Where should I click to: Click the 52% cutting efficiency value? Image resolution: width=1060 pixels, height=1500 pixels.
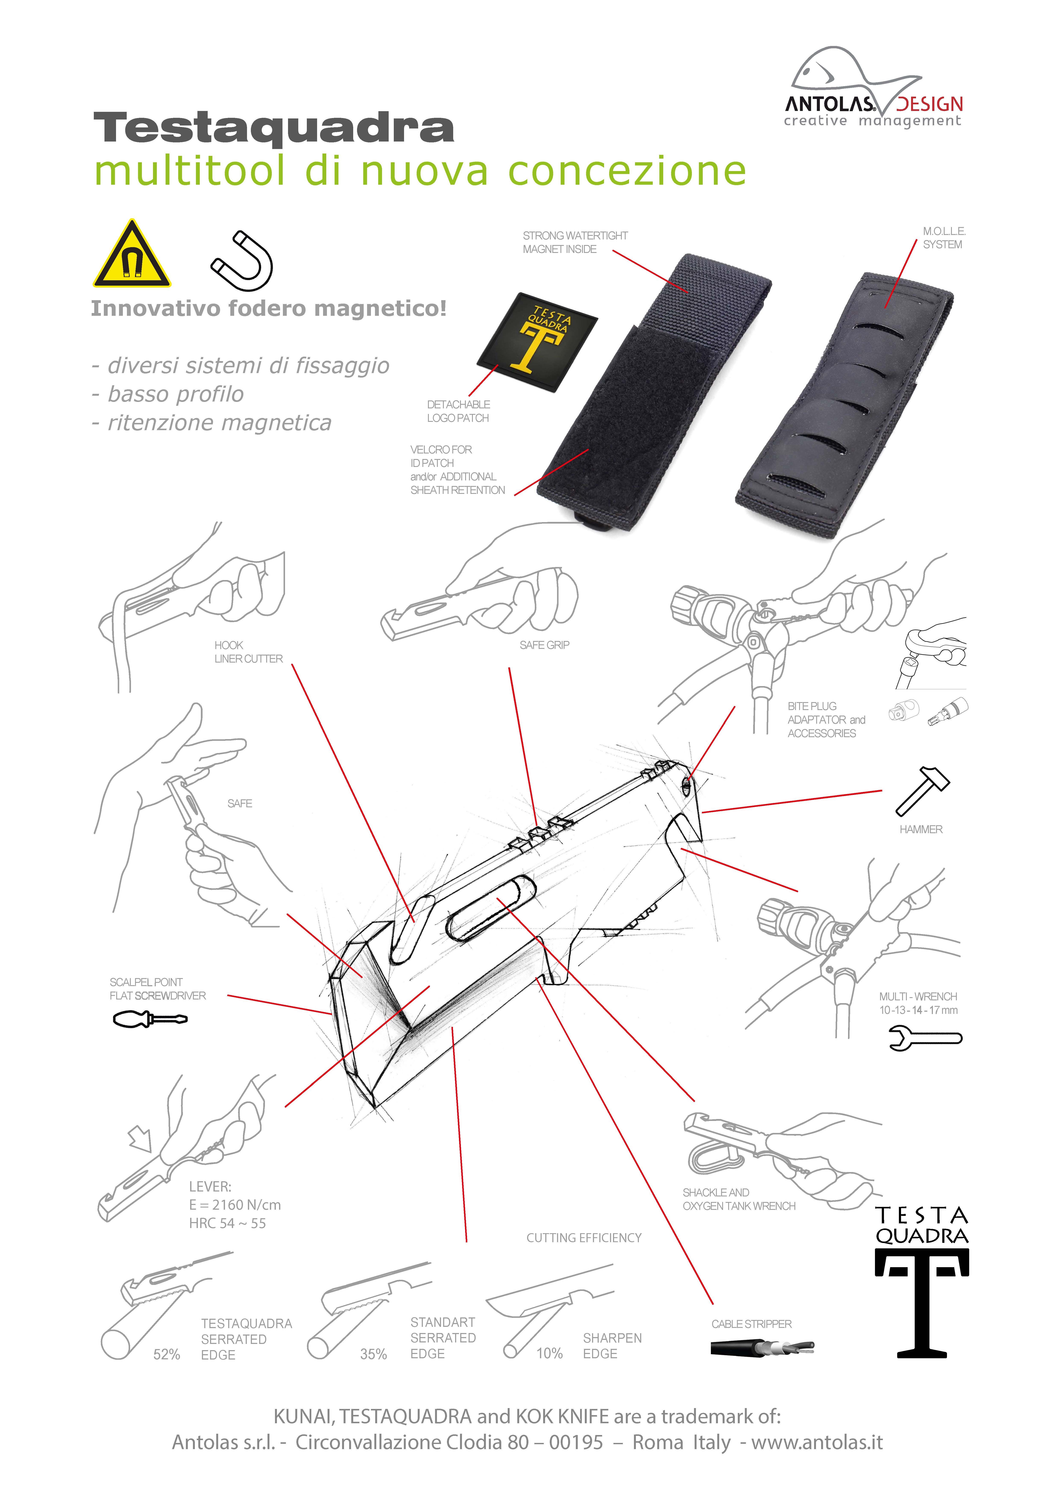tap(166, 1354)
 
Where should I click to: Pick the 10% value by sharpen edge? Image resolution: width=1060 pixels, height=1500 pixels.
tap(549, 1353)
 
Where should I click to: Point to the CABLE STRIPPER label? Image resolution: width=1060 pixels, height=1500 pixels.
tap(751, 1324)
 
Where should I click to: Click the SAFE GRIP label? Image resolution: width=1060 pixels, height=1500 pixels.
tap(544, 645)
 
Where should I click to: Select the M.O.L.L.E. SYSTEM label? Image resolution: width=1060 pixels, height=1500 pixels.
tap(943, 238)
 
